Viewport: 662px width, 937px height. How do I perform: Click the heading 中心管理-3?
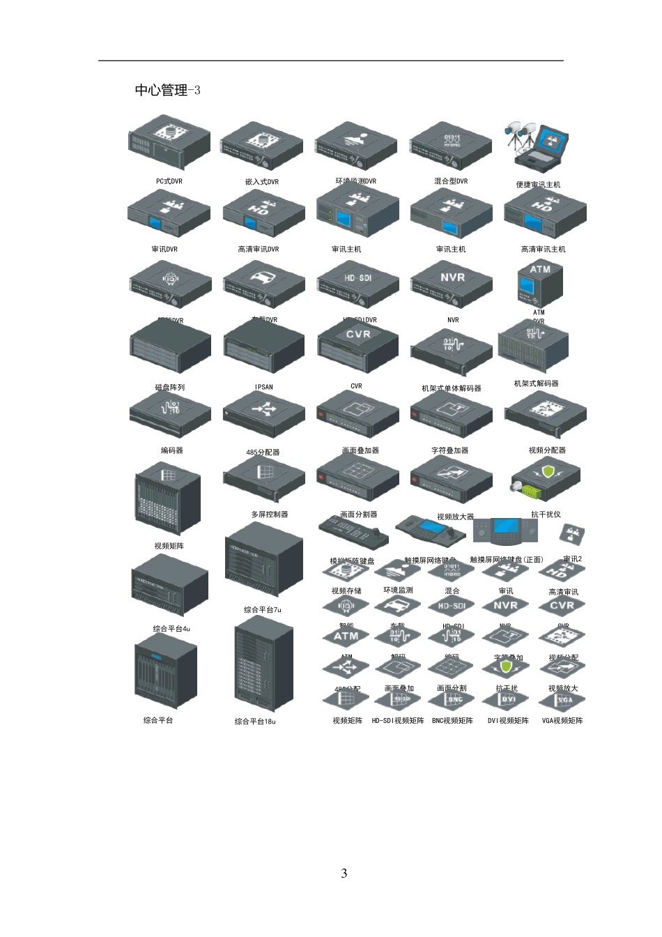167,90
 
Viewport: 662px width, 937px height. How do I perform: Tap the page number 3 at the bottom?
344,874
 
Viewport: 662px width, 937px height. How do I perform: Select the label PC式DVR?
169,181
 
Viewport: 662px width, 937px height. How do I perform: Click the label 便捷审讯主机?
538,185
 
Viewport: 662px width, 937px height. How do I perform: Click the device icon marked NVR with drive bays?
452,284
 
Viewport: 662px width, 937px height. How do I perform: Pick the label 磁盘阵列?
169,388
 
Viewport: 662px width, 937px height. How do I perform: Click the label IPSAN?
264,388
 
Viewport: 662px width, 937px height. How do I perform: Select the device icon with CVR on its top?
358,343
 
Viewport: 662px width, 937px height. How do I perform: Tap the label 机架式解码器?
536,383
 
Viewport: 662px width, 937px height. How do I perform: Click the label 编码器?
171,450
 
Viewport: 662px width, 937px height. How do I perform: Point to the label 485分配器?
263,452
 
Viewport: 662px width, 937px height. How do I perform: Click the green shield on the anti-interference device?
548,473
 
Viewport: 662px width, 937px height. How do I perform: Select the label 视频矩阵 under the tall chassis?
169,546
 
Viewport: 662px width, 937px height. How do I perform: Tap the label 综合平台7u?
262,609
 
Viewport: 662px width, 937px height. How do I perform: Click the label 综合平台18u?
255,722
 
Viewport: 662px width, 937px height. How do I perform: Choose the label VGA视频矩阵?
562,721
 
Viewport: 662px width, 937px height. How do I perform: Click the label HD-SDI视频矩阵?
397,721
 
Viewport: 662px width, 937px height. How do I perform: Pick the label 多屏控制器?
269,515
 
